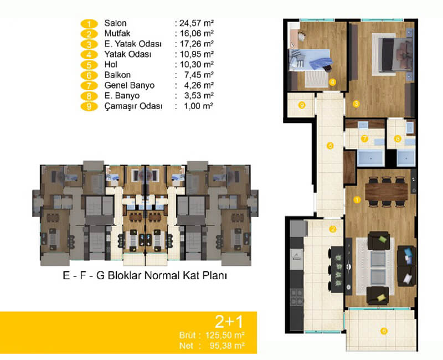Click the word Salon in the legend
tap(115, 23)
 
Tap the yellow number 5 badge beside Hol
tap(89, 65)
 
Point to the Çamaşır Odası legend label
tap(133, 106)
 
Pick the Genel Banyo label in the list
tap(130, 85)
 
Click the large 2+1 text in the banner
tap(229, 321)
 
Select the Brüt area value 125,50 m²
tap(225, 336)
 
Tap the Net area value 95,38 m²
tap(227, 346)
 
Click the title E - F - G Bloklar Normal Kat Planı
tap(145, 275)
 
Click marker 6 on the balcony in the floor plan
tap(384, 331)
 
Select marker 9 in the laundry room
tap(302, 105)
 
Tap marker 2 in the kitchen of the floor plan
tap(333, 229)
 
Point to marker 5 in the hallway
tap(330, 146)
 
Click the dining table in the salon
tap(386, 192)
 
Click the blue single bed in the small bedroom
tap(310, 60)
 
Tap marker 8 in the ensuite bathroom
tap(398, 139)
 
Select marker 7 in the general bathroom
tap(364, 139)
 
